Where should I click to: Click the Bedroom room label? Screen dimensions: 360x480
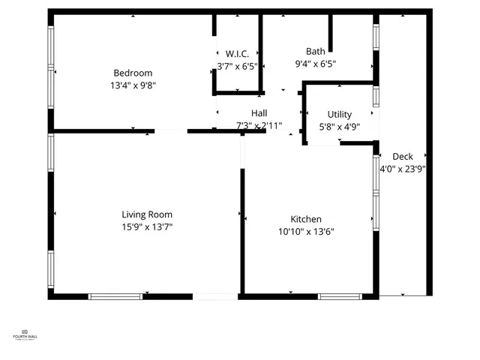coord(133,73)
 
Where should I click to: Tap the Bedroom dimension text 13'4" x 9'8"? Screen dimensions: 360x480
coord(133,85)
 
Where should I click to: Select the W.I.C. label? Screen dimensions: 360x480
coord(237,54)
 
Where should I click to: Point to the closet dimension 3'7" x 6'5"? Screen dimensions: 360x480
coord(237,66)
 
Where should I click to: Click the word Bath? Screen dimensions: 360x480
coord(315,52)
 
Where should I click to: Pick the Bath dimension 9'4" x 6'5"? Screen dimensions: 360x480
coord(315,64)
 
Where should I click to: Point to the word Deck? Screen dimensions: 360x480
coord(403,157)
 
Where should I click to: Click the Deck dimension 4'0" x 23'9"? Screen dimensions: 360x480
coord(403,169)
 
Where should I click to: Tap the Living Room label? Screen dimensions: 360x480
coord(147,214)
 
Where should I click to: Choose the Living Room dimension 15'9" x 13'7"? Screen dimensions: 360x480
coord(147,226)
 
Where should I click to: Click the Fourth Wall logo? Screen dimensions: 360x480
coord(25,335)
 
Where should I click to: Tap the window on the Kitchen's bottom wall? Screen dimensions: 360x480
coord(340,296)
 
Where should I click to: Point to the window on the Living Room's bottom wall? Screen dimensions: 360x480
coord(115,296)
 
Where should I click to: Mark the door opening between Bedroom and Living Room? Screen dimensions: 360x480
coord(171,131)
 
